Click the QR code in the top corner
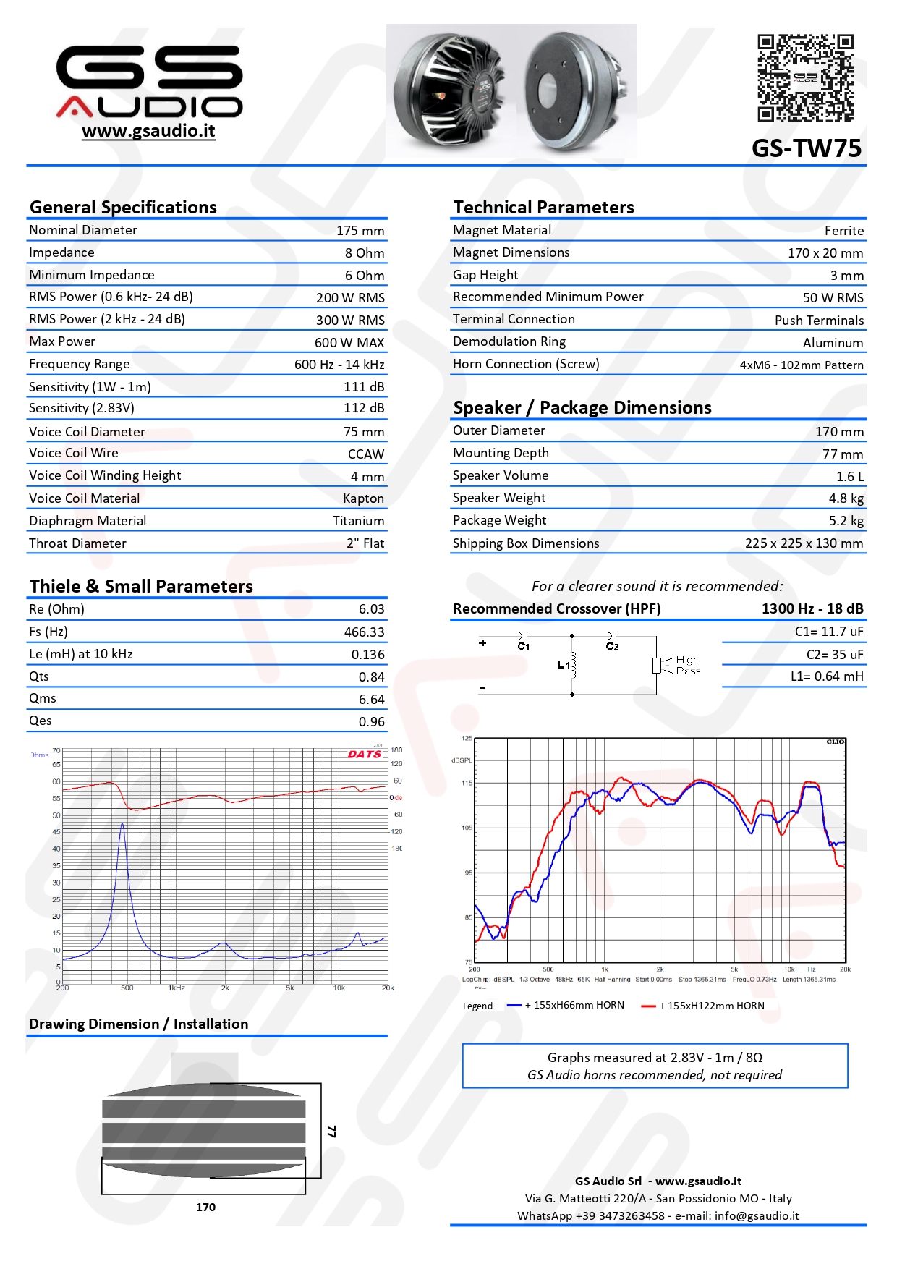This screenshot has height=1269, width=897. [x=805, y=77]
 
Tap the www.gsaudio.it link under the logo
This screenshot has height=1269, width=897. [x=148, y=131]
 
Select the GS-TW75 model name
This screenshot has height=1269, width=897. [x=807, y=148]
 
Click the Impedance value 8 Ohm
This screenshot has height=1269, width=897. [x=365, y=253]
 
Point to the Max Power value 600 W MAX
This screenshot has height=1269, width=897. [x=349, y=343]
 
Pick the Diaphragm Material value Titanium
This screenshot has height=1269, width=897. [x=358, y=521]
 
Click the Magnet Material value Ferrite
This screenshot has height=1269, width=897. [x=844, y=231]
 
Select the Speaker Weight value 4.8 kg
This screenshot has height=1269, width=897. [x=846, y=498]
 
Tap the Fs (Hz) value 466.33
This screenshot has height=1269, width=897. [x=364, y=632]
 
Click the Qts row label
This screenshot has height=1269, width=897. [x=39, y=676]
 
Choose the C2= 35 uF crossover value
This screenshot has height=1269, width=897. [x=835, y=655]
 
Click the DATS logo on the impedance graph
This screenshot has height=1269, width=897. [x=364, y=754]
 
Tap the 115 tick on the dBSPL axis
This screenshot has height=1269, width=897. [x=467, y=784]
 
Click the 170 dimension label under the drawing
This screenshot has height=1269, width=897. [x=205, y=1207]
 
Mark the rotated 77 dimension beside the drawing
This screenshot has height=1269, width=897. [x=331, y=1131]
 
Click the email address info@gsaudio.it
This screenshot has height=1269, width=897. [x=757, y=1215]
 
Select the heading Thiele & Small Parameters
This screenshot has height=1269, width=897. [x=141, y=586]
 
